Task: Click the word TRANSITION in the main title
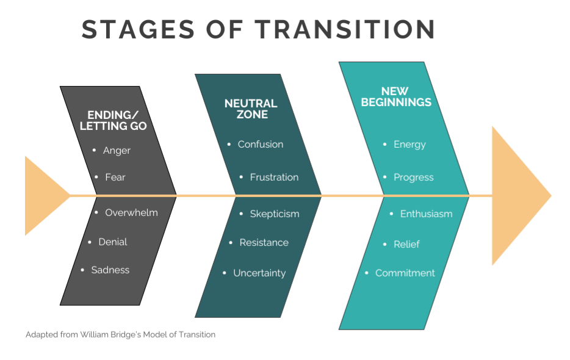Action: (345, 29)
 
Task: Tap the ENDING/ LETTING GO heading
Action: (113, 120)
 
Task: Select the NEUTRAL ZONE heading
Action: (251, 109)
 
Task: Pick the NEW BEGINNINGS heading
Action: (396, 97)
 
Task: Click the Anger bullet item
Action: (117, 151)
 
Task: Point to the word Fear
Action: (115, 177)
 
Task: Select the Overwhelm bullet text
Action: (131, 213)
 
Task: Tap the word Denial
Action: (113, 242)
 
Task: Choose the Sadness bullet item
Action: (110, 270)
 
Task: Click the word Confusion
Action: (260, 145)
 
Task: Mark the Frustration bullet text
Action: (274, 177)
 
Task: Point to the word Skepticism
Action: (275, 214)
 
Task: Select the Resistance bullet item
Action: (264, 243)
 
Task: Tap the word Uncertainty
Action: (259, 273)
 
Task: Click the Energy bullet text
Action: (409, 145)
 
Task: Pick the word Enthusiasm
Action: (427, 214)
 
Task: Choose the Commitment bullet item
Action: (405, 273)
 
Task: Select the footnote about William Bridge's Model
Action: (120, 334)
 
